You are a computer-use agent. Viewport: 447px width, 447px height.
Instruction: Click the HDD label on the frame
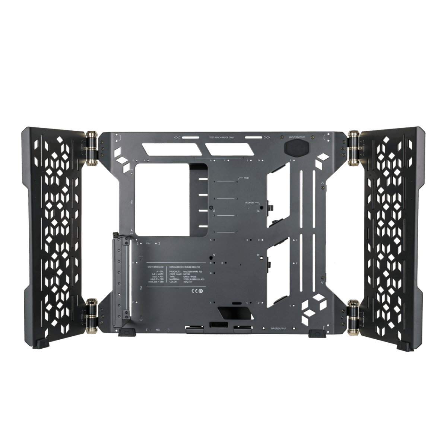pyautogui.click(x=246, y=178)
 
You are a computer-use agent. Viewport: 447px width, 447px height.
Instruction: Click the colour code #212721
pyautogui.click(x=188, y=282)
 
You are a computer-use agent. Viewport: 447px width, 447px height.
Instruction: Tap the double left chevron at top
pyautogui.click(x=177, y=137)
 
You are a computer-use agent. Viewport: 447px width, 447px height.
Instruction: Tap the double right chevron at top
pyautogui.click(x=267, y=137)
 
